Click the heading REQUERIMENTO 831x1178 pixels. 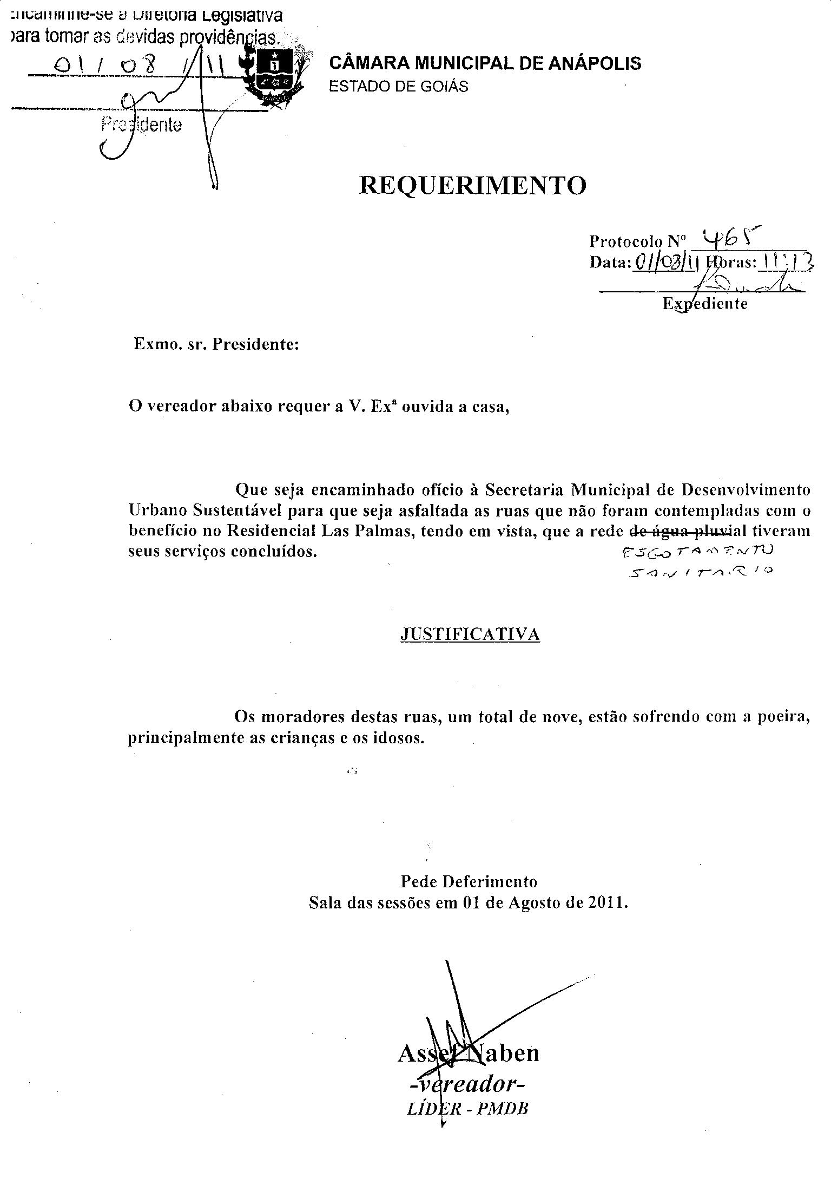[472, 186]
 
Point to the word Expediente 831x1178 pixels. [705, 304]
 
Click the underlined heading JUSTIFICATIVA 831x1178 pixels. [470, 634]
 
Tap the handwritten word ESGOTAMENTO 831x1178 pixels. [698, 552]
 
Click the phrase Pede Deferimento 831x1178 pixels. [469, 882]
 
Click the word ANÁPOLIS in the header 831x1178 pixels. [595, 63]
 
